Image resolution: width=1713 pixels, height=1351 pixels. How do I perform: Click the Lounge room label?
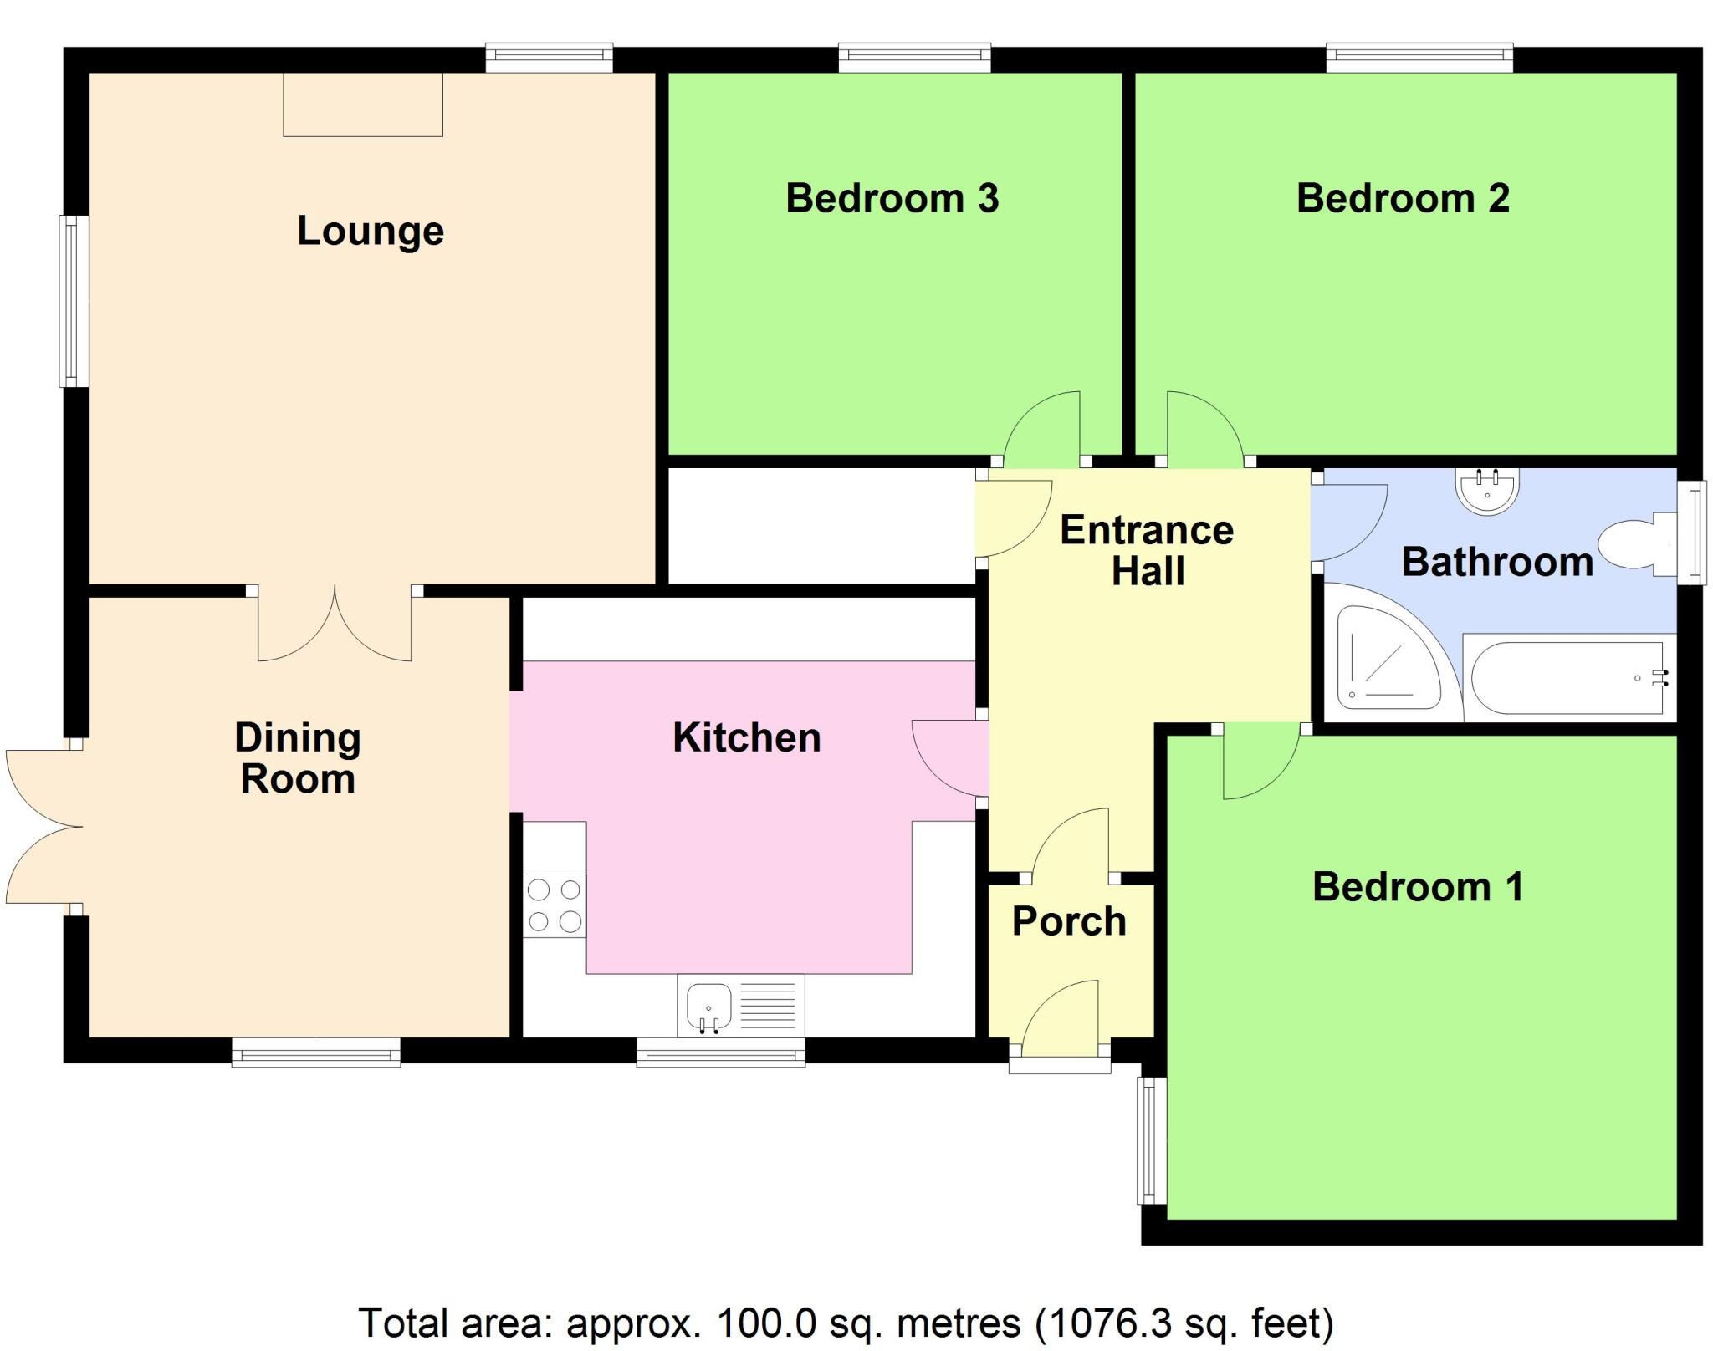click(x=370, y=231)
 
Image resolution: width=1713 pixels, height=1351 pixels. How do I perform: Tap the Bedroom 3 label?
click(x=892, y=198)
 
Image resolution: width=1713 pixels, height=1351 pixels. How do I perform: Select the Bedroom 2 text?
click(x=1403, y=198)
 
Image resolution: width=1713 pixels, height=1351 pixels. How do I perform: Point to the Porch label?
click(x=1069, y=921)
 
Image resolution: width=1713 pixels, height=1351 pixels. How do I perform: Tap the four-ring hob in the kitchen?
click(x=555, y=905)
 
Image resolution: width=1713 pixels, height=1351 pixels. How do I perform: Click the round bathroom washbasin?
click(x=1487, y=492)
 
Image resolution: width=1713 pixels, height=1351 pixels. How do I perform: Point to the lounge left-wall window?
click(x=74, y=301)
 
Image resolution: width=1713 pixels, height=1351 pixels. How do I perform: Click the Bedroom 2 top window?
click(x=1419, y=58)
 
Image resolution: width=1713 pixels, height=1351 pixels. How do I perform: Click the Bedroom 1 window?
click(x=1152, y=1140)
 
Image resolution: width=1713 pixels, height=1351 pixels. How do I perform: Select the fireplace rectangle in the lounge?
click(x=362, y=105)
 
